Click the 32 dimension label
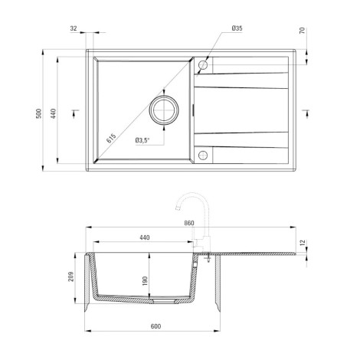[74, 28]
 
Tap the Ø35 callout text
[237, 28]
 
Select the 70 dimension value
[302, 31]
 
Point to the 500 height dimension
[38, 113]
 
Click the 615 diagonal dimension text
[111, 138]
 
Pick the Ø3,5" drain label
[142, 140]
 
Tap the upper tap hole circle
[203, 65]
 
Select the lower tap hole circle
[203, 155]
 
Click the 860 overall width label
[189, 223]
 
